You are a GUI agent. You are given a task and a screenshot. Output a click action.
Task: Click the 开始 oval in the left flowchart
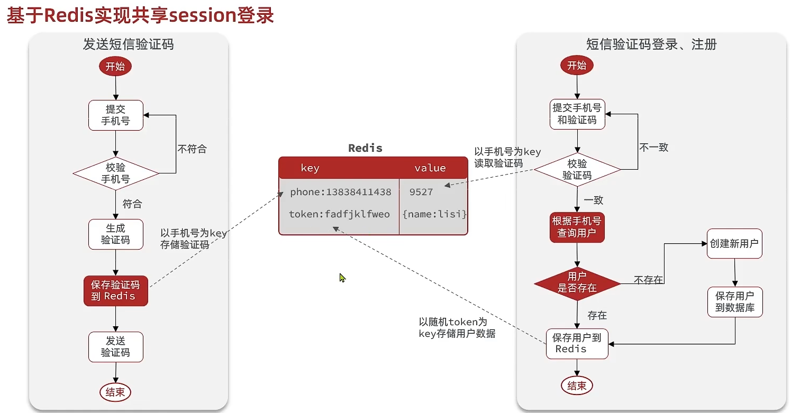click(115, 67)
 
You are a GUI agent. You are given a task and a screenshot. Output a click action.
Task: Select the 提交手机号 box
click(115, 115)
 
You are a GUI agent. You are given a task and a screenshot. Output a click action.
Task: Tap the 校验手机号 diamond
click(115, 173)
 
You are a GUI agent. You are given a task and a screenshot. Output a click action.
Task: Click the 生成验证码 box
click(115, 234)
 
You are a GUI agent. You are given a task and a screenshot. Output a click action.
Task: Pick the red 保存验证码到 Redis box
click(115, 290)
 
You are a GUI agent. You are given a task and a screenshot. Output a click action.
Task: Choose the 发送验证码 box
click(115, 346)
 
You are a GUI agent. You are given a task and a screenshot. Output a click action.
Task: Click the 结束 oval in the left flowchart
click(115, 392)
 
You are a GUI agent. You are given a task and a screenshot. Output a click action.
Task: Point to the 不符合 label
click(192, 149)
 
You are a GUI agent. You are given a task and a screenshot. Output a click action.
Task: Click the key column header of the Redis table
click(310, 168)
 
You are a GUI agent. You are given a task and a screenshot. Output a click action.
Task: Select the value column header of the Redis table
click(430, 168)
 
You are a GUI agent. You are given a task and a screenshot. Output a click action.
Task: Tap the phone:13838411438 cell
click(340, 192)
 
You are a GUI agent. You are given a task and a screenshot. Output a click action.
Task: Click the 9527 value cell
click(421, 192)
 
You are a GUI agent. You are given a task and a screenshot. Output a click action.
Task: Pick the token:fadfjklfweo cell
click(339, 214)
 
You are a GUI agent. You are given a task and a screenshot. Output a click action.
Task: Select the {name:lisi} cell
click(434, 214)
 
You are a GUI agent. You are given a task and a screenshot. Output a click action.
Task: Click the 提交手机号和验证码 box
click(577, 114)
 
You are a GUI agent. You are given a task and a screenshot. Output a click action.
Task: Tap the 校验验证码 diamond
click(577, 170)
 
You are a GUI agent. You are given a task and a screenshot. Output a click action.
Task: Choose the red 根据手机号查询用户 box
click(577, 227)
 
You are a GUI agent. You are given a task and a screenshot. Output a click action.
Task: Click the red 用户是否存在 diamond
click(577, 282)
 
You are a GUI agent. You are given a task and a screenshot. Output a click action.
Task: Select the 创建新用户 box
click(734, 244)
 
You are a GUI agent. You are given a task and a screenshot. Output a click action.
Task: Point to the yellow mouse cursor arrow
click(342, 277)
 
